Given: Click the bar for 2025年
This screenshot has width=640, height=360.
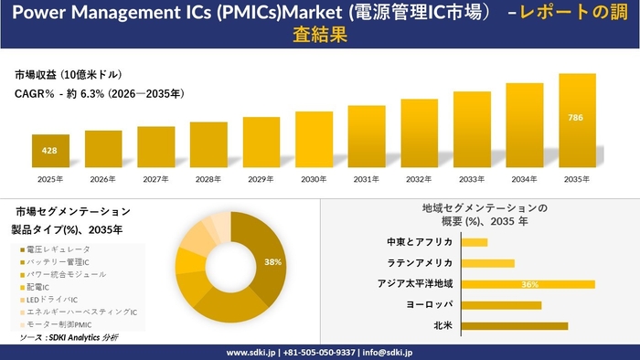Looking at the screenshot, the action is tap(50, 151).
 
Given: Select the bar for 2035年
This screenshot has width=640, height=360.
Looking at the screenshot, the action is tap(577, 121).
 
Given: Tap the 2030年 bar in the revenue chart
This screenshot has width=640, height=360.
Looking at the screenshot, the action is tap(314, 140).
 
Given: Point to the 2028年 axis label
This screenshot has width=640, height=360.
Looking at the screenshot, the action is tap(208, 179).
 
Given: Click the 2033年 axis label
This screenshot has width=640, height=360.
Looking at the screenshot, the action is tap(472, 179).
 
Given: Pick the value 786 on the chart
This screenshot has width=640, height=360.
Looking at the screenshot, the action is tap(575, 118).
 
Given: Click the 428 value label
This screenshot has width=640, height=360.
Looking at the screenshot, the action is tap(49, 151).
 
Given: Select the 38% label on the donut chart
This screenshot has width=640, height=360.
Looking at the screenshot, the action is tap(272, 262).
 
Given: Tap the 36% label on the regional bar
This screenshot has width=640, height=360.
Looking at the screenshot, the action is tap(529, 284).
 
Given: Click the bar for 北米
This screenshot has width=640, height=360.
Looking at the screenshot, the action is tap(514, 326).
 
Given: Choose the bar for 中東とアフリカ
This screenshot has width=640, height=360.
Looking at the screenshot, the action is tap(475, 242).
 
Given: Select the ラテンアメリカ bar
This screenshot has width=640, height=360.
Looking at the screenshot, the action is tap(487, 263).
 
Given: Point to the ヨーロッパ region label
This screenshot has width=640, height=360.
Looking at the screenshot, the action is tap(429, 304).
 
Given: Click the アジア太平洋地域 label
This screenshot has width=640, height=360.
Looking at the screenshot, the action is tap(415, 284).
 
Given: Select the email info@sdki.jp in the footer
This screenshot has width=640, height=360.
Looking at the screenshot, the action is tap(388, 353).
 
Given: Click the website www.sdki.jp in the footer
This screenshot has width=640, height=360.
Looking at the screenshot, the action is tap(251, 353).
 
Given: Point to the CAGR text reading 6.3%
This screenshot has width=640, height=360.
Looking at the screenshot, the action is tap(92, 94).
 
